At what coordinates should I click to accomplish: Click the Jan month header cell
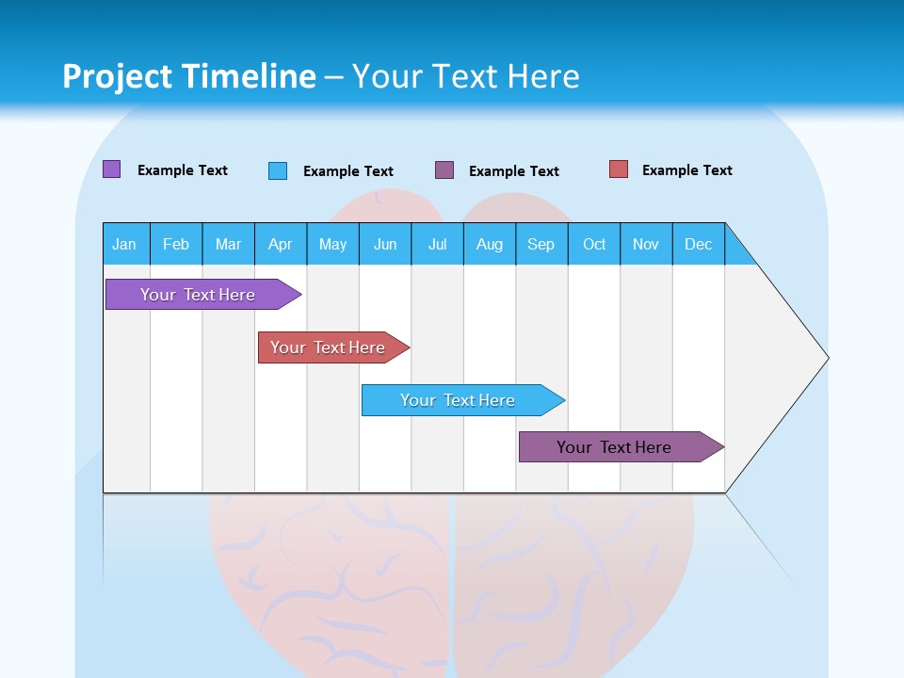125,244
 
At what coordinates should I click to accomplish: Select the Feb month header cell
176,244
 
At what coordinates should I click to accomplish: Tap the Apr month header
281,244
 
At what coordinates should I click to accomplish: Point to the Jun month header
385,244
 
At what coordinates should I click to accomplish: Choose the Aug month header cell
490,244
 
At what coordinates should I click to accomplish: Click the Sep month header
541,244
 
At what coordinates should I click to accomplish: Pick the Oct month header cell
594,244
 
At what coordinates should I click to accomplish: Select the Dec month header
699,244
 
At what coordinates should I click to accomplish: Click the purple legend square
111,169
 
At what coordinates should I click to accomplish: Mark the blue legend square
278,170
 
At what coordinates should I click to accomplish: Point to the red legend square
619,169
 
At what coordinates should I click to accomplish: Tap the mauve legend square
444,170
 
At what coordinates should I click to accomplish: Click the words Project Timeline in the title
189,76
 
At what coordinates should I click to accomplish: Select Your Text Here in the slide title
466,76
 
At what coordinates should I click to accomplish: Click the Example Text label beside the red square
686,170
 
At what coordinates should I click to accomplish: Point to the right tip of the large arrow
826,358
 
